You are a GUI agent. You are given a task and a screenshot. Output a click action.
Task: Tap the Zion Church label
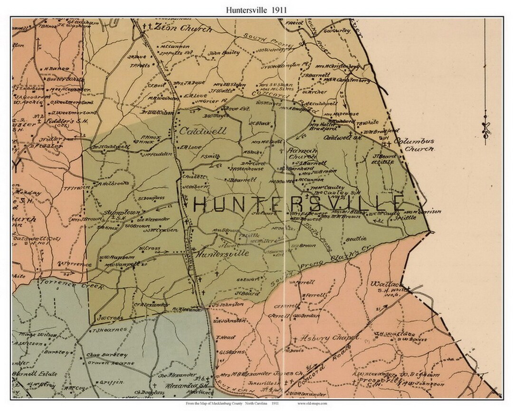coord(183,28)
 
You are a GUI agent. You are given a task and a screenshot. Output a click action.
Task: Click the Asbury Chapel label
coord(330,338)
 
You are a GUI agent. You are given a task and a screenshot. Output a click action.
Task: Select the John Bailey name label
coord(223,53)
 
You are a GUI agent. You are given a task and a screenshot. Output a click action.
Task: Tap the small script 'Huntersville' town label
coord(222,254)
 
